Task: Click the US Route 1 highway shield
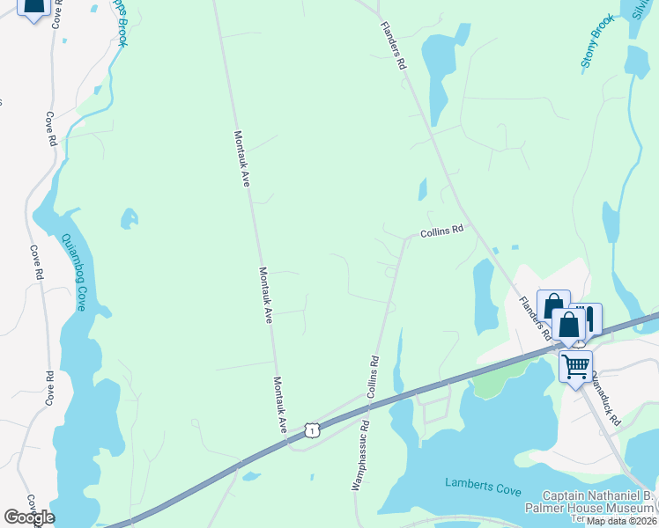pos(311,429)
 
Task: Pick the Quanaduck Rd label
pos(606,397)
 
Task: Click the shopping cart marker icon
pos(575,363)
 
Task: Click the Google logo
pos(29,517)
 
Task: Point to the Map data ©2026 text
pos(621,521)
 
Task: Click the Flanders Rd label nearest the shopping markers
pos(536,318)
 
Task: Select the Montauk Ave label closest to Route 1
pos(280,404)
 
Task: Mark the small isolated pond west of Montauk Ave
pos(130,216)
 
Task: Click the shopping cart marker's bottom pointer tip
pos(576,387)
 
